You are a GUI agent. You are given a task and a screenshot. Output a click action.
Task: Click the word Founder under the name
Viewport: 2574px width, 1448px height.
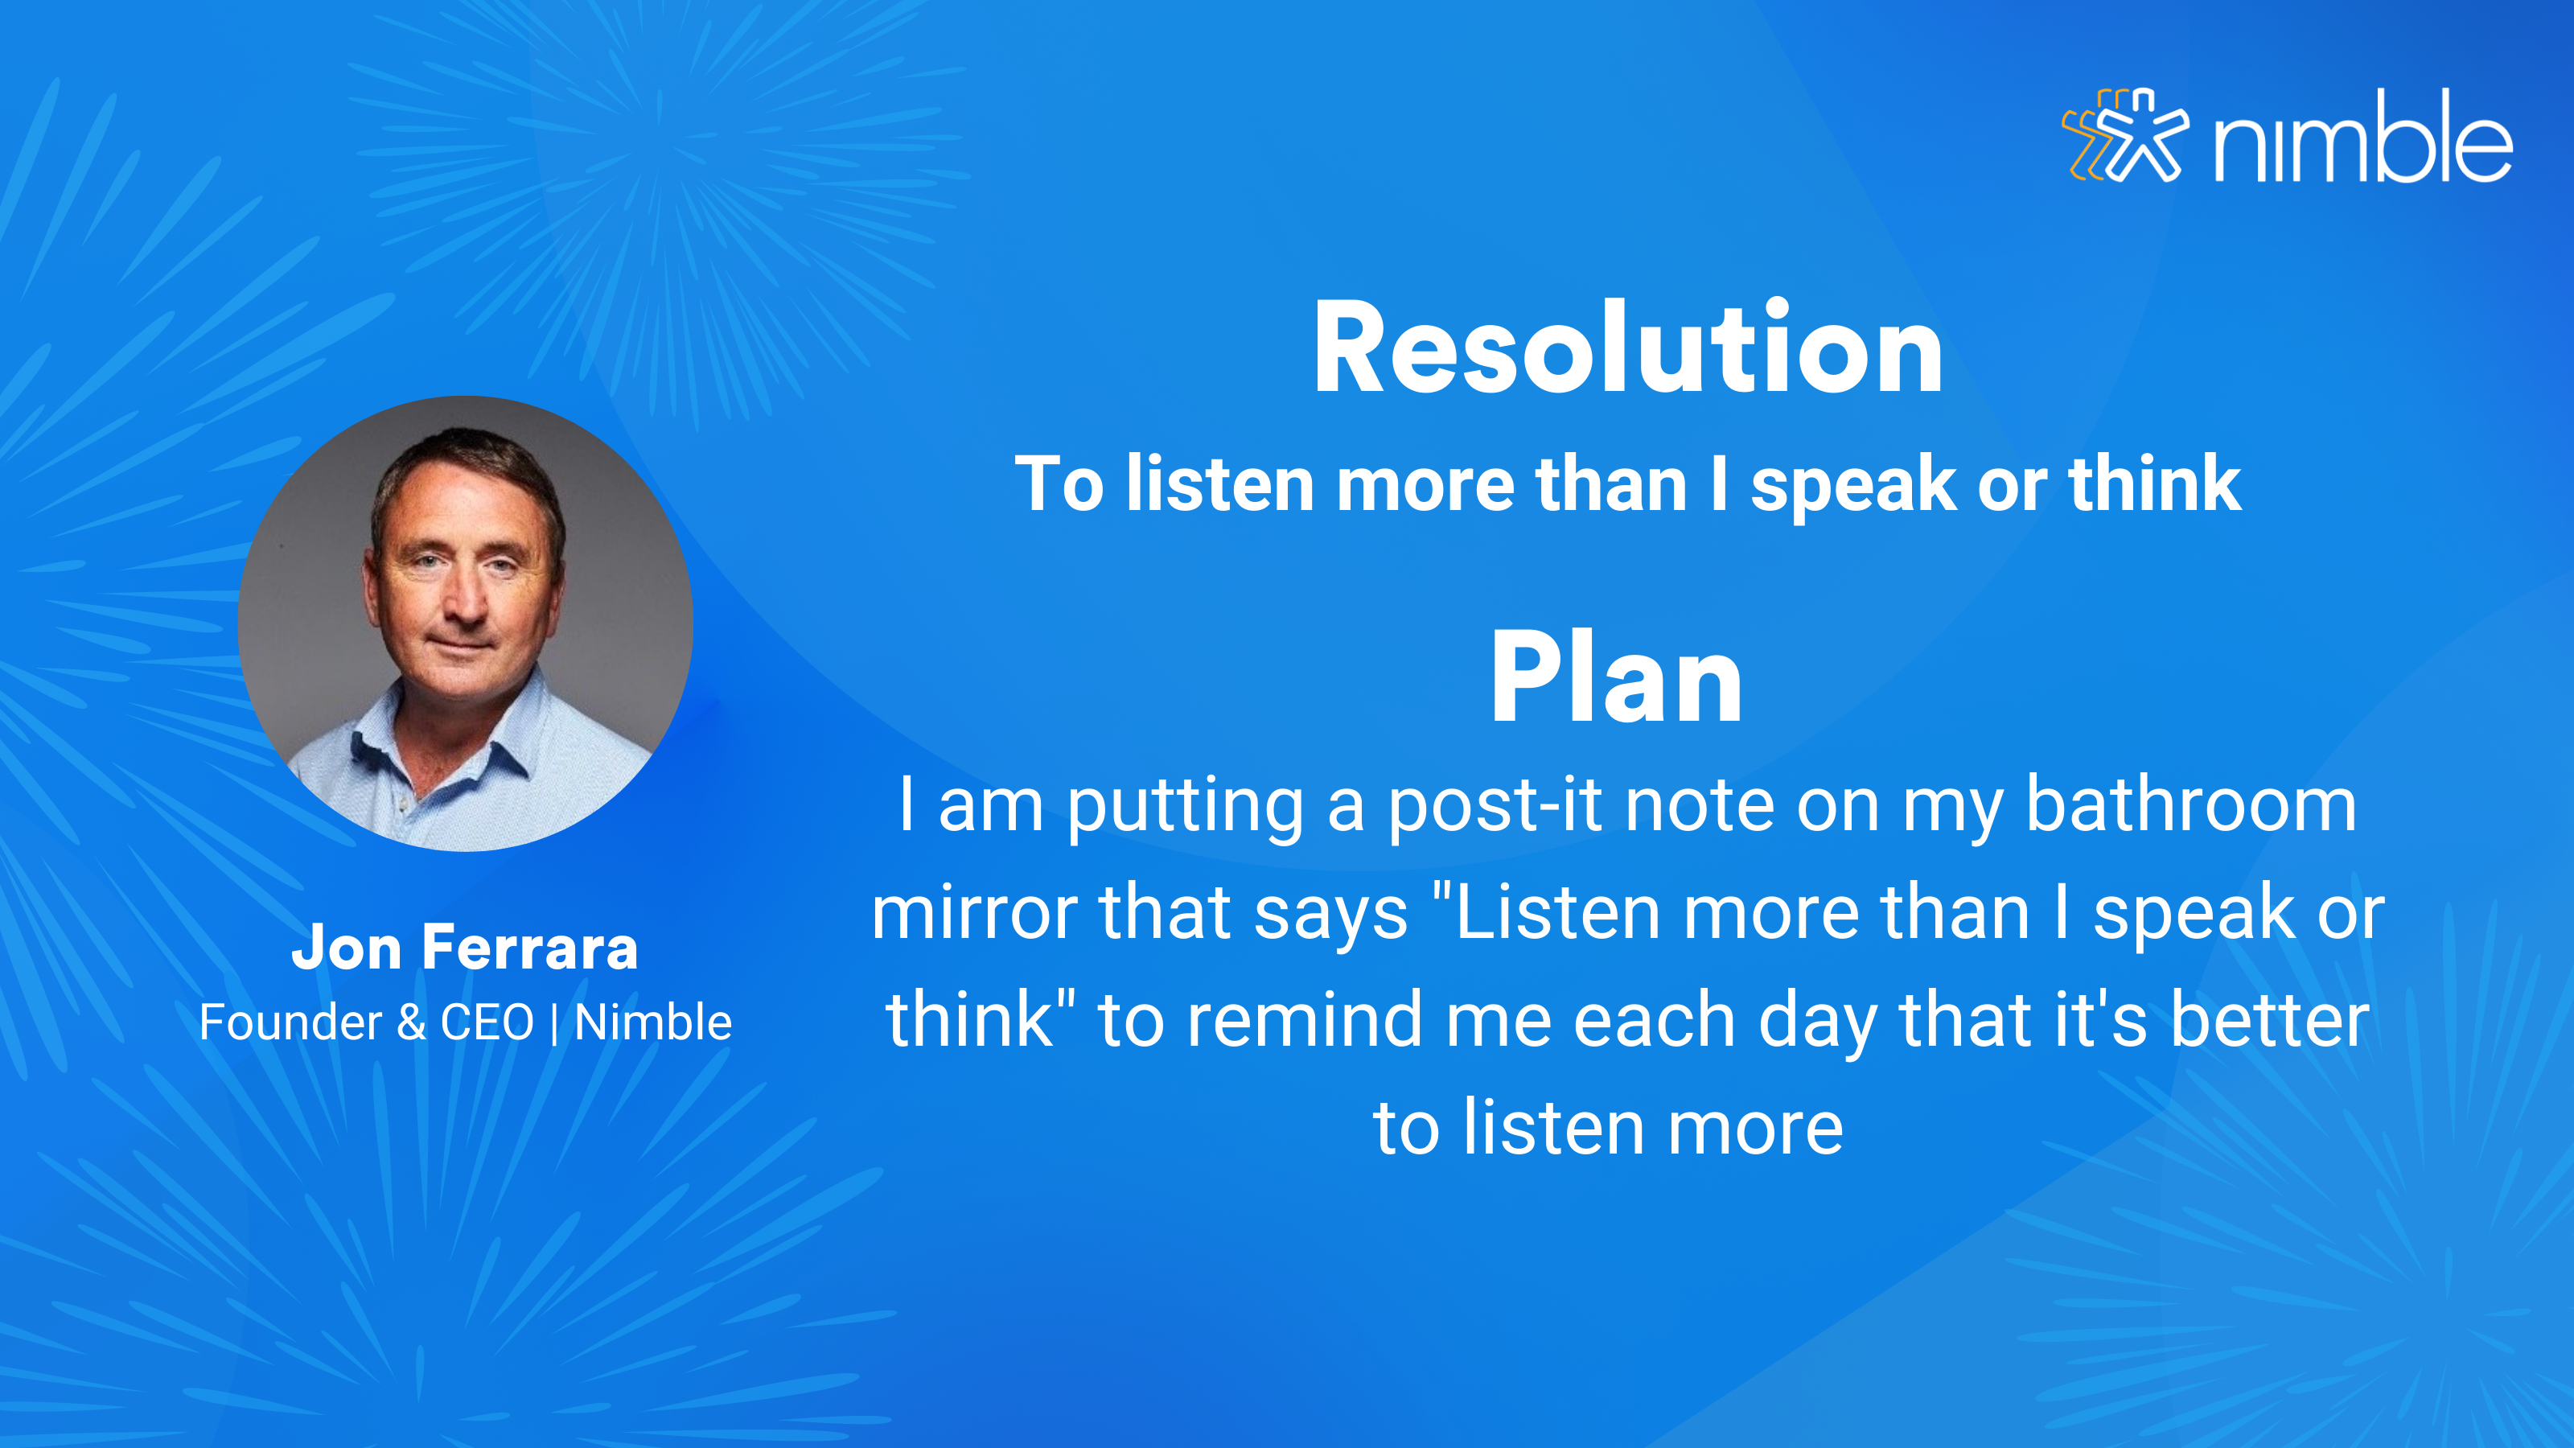tap(290, 1022)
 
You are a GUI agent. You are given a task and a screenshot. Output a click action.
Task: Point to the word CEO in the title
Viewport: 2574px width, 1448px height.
tap(487, 1022)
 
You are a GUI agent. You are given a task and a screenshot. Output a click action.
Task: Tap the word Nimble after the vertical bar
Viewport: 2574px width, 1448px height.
tap(653, 1022)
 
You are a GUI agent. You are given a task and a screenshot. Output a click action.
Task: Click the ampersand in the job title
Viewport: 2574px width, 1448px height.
tap(412, 1022)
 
